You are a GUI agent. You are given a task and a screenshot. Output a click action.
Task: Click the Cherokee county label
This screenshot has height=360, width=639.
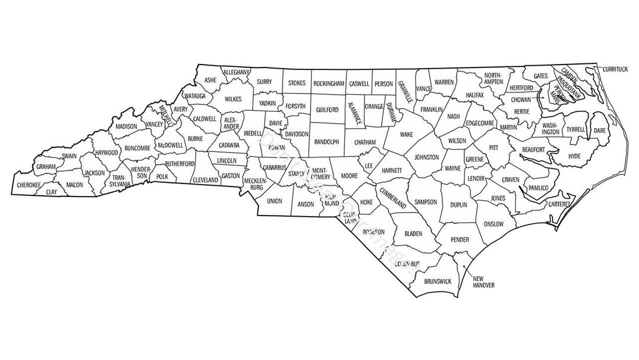click(28, 185)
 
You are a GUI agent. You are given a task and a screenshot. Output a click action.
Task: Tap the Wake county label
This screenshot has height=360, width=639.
click(406, 134)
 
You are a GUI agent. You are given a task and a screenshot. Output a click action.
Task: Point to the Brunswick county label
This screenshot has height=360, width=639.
click(438, 281)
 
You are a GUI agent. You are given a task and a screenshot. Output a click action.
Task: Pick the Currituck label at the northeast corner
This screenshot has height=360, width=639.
click(615, 69)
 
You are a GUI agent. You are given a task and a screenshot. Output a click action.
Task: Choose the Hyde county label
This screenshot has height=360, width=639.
click(575, 156)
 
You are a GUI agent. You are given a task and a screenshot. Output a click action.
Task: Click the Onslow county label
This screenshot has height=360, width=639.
click(493, 224)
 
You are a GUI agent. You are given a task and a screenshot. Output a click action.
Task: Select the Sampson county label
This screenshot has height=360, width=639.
click(425, 202)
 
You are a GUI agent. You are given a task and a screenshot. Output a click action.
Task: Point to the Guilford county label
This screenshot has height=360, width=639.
click(327, 110)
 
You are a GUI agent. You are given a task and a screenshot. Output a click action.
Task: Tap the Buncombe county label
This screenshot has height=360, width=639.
click(137, 148)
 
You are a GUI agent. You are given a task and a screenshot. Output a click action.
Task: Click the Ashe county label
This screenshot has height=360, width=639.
click(210, 79)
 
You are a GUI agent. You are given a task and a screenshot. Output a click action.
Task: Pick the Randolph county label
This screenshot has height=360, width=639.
click(327, 142)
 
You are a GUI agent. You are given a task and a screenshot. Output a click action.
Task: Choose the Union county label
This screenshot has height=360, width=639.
click(275, 201)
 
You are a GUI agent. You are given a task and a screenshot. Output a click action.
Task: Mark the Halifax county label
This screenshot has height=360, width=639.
click(475, 95)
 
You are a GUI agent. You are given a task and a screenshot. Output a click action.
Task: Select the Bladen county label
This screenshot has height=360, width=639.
click(413, 234)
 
